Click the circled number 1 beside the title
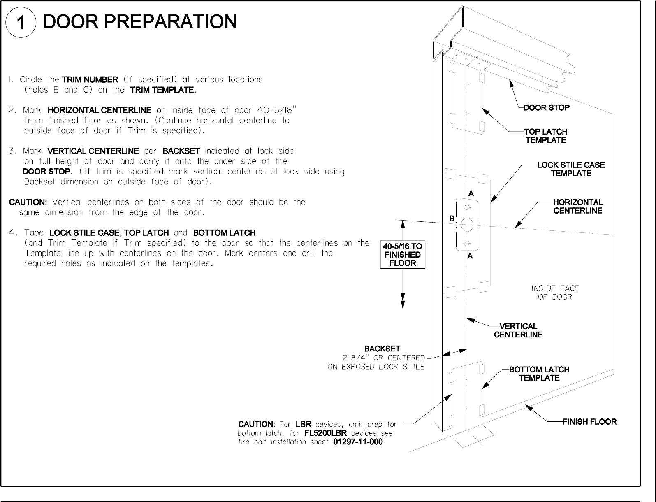click(20, 23)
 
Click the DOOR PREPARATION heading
click(140, 21)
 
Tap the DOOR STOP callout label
click(546, 108)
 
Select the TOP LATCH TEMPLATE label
click(546, 136)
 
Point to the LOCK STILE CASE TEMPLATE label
click(571, 169)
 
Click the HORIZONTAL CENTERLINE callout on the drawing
click(577, 207)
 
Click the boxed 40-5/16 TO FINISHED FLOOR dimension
click(402, 255)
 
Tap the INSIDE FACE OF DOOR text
click(555, 293)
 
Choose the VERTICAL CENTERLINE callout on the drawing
click(518, 330)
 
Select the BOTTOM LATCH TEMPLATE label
click(539, 374)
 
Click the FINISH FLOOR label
click(589, 422)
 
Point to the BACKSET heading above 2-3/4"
click(382, 349)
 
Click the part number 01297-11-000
click(357, 442)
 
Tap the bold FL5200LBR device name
click(325, 433)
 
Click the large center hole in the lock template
click(467, 224)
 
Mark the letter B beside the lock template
click(452, 219)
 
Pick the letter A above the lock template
click(471, 193)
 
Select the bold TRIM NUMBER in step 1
click(90, 79)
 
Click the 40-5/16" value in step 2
click(276, 110)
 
